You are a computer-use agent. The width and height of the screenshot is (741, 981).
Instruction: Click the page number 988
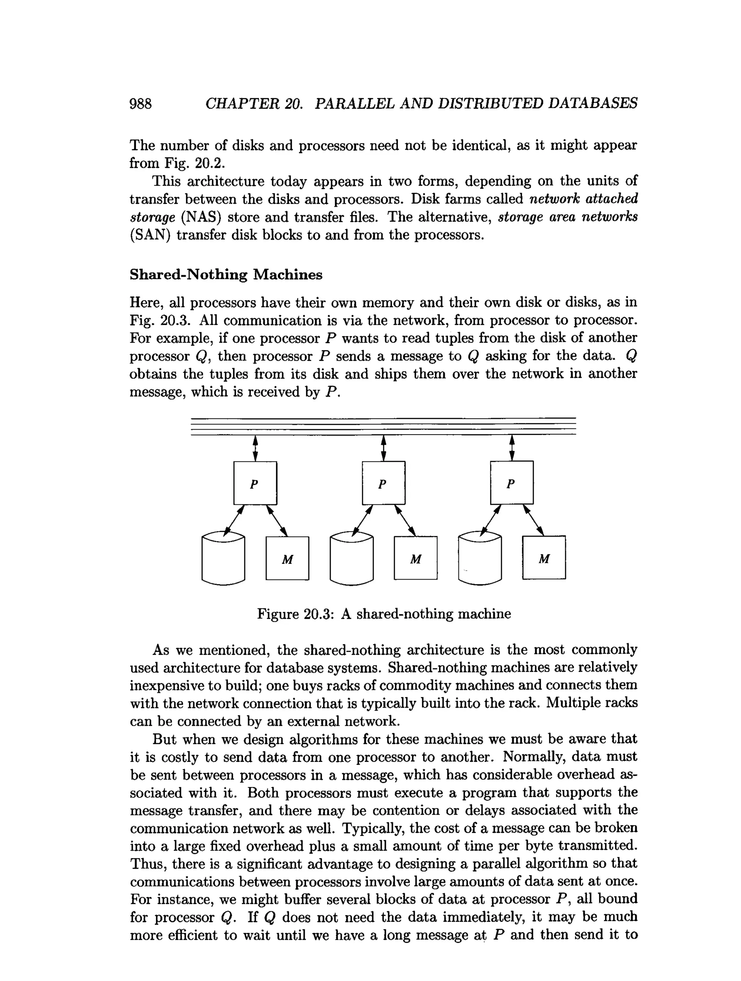140,104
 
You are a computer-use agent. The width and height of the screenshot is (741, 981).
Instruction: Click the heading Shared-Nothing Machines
226,274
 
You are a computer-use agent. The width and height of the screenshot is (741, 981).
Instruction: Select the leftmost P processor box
255,483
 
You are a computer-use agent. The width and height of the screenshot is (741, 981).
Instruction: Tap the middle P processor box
384,483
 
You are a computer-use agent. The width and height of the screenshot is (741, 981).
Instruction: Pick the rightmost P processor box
512,482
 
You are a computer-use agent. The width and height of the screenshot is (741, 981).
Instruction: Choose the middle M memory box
415,558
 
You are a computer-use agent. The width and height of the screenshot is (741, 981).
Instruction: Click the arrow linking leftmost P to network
255,448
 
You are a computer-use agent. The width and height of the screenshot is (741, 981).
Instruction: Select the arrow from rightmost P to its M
533,520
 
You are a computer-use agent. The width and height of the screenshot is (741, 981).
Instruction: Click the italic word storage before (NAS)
152,217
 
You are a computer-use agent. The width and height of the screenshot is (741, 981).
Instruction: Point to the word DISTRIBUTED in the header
490,103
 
